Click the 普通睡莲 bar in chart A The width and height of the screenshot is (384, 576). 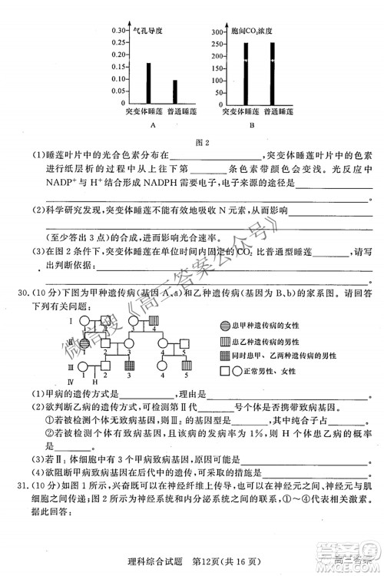point(174,91)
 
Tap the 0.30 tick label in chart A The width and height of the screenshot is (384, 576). point(118,30)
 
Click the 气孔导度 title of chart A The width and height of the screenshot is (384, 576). point(147,31)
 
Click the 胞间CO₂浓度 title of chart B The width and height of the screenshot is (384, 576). point(253,31)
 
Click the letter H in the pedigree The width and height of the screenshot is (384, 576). point(95,381)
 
